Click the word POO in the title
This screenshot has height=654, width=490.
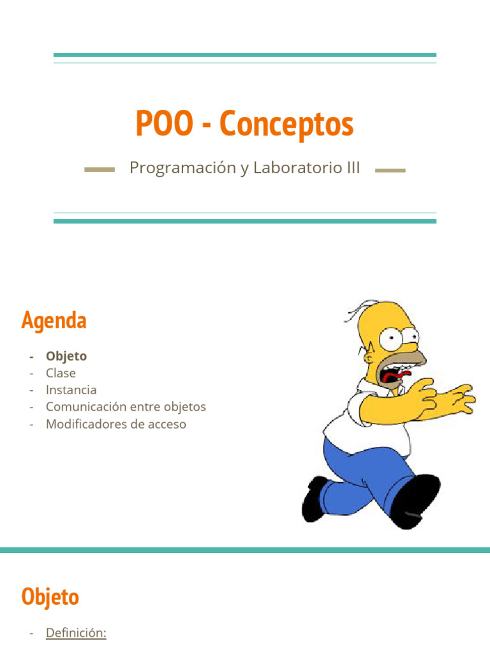coord(164,124)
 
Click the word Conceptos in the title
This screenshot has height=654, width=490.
coord(286,124)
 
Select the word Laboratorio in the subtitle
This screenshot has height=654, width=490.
coord(290,168)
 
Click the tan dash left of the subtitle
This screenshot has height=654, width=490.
coord(100,170)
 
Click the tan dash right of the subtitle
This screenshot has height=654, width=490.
coord(390,170)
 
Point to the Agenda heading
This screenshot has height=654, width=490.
coord(54,320)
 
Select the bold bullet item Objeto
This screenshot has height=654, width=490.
coord(66,356)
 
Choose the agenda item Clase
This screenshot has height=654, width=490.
coord(61,373)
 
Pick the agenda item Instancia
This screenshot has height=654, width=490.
coord(71,390)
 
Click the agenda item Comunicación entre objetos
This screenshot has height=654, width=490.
coord(126,407)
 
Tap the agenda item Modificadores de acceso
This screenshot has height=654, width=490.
coord(115,423)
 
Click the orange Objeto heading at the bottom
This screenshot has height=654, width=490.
coord(50,597)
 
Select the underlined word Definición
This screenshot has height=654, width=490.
coord(76,633)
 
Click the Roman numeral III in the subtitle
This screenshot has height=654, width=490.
coord(352,168)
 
